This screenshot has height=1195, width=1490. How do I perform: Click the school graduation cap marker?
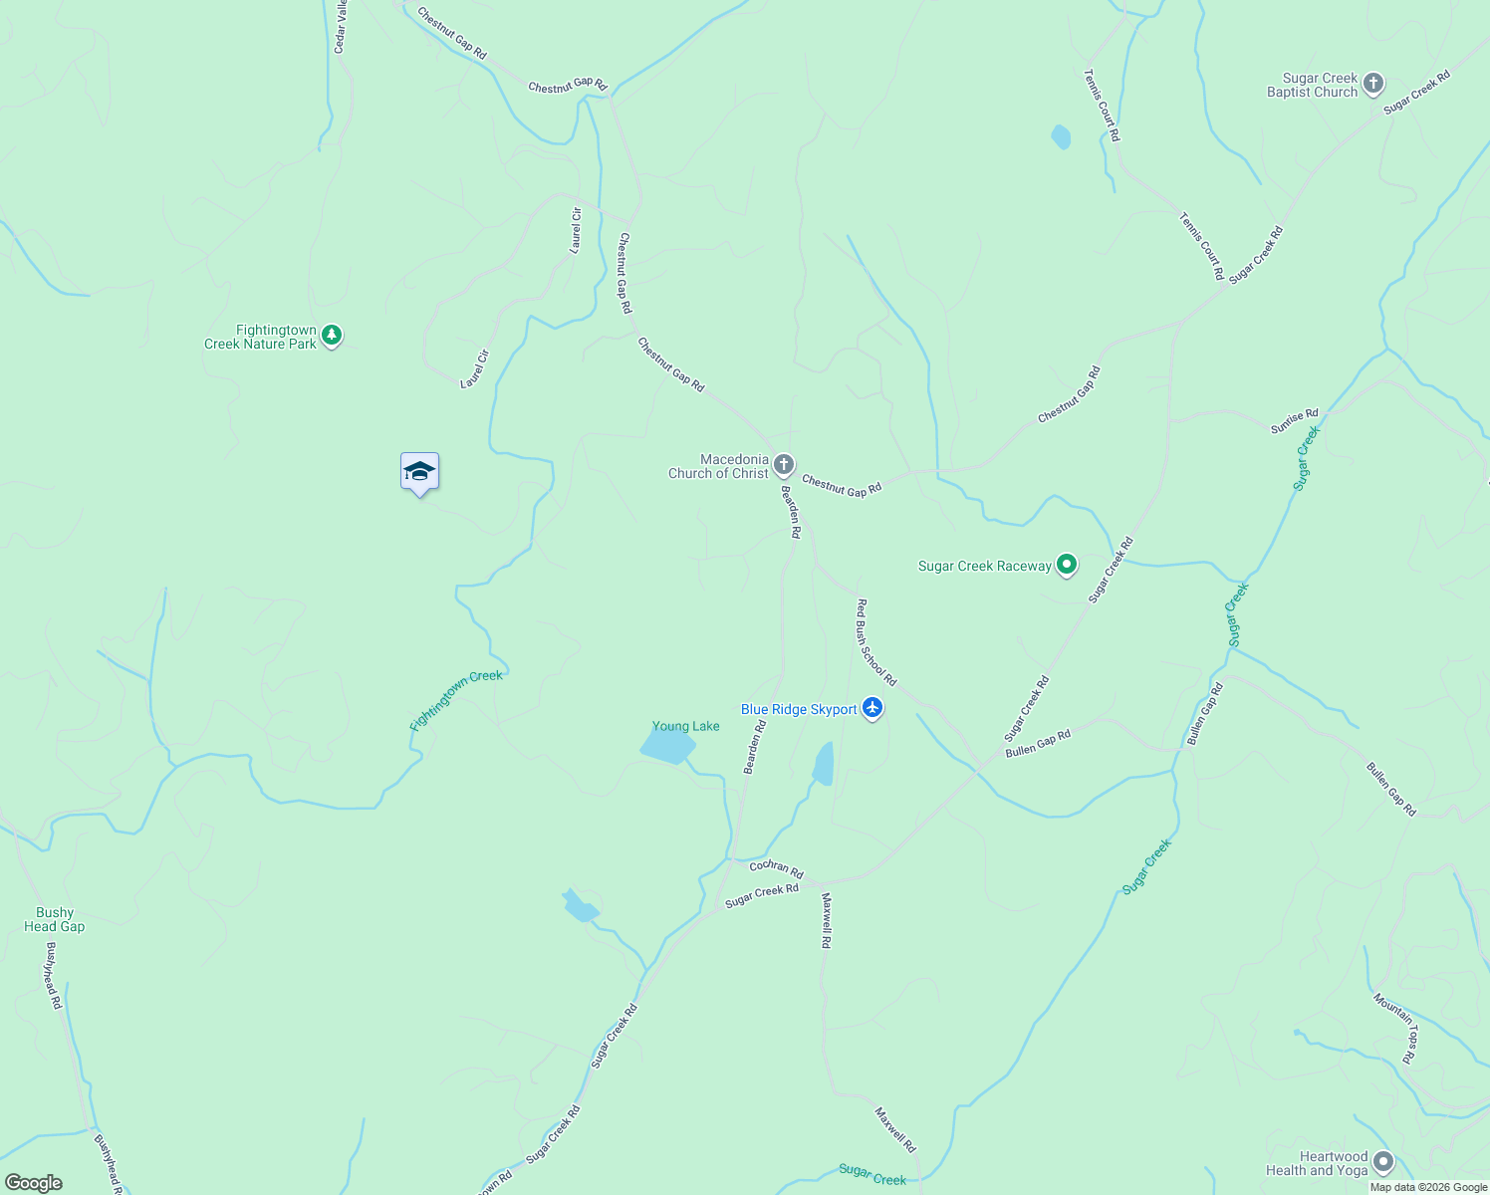pos(419,472)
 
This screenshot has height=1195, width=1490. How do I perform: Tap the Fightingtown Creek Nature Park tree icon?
pos(333,337)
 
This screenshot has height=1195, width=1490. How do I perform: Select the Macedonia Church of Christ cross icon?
pos(784,465)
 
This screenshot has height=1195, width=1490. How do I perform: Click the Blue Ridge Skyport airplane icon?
pos(872,708)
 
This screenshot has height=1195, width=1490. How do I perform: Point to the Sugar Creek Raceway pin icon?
pos(1067,566)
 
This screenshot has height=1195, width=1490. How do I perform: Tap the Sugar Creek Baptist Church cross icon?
pos(1373,84)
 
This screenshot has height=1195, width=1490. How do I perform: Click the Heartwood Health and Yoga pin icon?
pos(1382,1162)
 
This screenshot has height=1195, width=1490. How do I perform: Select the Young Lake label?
pos(685,726)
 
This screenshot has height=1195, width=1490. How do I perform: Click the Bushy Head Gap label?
pos(55,919)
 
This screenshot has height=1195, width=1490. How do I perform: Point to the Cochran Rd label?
pos(776,868)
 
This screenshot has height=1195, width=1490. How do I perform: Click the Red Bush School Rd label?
pos(876,642)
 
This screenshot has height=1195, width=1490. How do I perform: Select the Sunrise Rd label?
pos(1294,421)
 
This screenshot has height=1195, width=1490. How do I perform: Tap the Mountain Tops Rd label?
pos(1394,1028)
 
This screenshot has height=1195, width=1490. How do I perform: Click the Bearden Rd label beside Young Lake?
pos(756,747)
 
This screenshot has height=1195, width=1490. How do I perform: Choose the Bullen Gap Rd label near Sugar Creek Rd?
pos(1038,743)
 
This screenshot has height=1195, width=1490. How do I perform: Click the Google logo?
pos(34,1183)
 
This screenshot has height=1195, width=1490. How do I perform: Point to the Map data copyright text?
pos(1428,1187)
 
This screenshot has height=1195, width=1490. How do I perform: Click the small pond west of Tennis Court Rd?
pos(1061,136)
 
